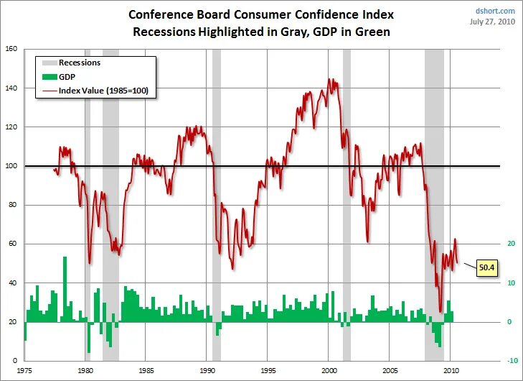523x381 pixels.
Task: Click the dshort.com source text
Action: click(495, 11)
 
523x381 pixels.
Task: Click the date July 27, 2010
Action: click(492, 22)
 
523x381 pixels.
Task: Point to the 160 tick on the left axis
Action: click(11, 49)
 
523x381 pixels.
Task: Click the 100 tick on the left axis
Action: click(11, 166)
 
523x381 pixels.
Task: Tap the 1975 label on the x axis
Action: click(24, 372)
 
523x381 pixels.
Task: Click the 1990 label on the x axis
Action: click(207, 372)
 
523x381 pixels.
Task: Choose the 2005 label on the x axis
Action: click(390, 372)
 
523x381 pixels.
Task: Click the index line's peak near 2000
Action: click(329, 79)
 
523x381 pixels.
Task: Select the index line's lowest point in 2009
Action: click(440, 311)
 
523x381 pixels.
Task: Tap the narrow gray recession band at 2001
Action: click(347, 201)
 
